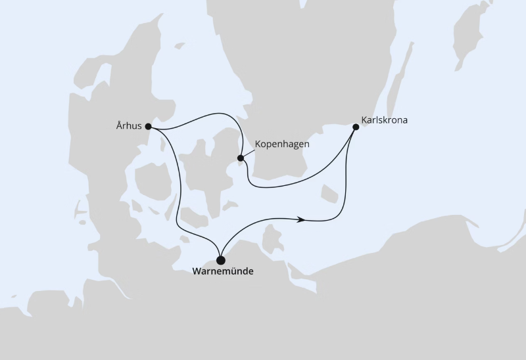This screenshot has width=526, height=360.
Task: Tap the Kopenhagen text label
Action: [x=281, y=144]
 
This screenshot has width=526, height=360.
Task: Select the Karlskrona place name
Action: [x=385, y=122]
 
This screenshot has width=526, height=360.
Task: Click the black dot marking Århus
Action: [x=149, y=126]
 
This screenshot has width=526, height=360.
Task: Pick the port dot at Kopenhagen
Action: [x=241, y=158]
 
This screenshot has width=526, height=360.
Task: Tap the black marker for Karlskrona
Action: [x=356, y=127]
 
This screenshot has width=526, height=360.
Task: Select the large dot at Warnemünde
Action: [x=221, y=260]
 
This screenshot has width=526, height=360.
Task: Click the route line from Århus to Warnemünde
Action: [x=177, y=197]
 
